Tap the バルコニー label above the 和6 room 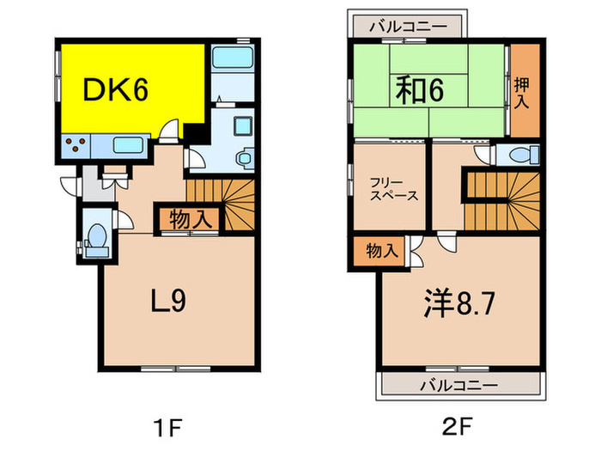(x=409, y=27)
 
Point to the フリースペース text (x=394, y=189)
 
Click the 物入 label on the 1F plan (x=190, y=218)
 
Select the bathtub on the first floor (x=232, y=60)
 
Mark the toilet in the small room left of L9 (x=96, y=237)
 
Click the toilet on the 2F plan (x=519, y=155)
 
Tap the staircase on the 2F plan (x=502, y=199)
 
